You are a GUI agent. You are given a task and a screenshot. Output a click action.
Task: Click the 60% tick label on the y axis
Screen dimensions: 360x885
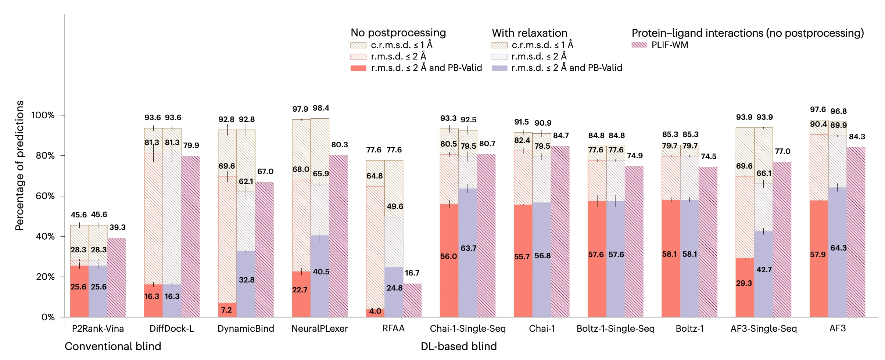45,196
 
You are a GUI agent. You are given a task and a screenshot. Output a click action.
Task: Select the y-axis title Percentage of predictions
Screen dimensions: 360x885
19,165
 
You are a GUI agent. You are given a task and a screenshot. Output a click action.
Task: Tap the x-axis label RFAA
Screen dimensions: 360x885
393,328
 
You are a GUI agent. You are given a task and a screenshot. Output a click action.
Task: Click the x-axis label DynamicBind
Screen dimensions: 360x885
246,328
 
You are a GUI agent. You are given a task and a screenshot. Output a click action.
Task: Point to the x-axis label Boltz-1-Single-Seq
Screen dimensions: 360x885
615,328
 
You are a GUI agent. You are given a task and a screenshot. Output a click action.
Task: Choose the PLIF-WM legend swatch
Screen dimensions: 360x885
639,45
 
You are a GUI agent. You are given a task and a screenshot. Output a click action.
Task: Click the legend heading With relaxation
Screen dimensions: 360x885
529,33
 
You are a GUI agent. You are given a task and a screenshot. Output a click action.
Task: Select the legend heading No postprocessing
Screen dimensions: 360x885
398,33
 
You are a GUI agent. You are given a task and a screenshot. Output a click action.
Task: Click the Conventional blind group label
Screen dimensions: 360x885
113,346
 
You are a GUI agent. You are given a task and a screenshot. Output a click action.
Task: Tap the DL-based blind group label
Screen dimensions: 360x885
458,346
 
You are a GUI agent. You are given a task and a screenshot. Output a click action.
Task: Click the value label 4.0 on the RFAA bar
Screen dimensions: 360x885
375,311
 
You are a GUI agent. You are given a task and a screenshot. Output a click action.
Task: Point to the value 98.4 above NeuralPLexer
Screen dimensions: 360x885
321,108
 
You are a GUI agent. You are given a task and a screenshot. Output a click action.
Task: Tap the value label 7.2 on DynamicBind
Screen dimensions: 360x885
226,310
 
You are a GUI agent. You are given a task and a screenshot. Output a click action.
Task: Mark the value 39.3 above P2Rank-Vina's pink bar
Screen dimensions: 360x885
117,227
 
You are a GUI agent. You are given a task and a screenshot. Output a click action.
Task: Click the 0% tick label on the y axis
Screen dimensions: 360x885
48,317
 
